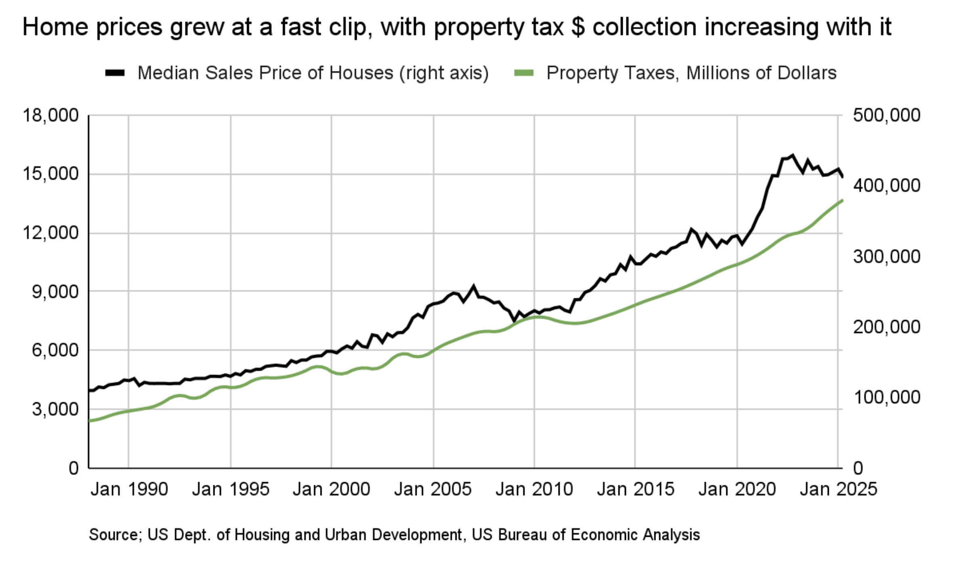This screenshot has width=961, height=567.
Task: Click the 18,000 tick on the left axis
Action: click(51, 116)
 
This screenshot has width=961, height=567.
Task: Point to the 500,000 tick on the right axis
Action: click(887, 116)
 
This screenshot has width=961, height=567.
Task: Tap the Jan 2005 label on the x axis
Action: click(432, 489)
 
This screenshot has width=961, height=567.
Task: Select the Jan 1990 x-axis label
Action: click(129, 489)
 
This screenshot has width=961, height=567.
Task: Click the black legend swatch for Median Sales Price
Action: click(115, 73)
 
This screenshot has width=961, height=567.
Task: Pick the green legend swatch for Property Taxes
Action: click(524, 73)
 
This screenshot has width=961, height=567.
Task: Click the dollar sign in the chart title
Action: click(578, 27)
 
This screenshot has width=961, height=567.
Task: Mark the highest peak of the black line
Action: click(792, 155)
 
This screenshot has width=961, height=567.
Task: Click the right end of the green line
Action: click(842, 200)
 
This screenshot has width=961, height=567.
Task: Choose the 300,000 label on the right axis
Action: click(887, 256)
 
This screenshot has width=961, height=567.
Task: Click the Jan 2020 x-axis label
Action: click(737, 489)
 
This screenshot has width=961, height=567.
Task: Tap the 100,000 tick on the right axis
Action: click(887, 397)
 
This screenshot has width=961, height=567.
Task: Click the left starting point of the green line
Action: click(90, 421)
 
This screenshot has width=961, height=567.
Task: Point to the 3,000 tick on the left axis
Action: click(55, 409)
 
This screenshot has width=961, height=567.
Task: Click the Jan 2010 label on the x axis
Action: click(534, 489)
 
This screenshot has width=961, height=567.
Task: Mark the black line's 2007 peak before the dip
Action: click(473, 287)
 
